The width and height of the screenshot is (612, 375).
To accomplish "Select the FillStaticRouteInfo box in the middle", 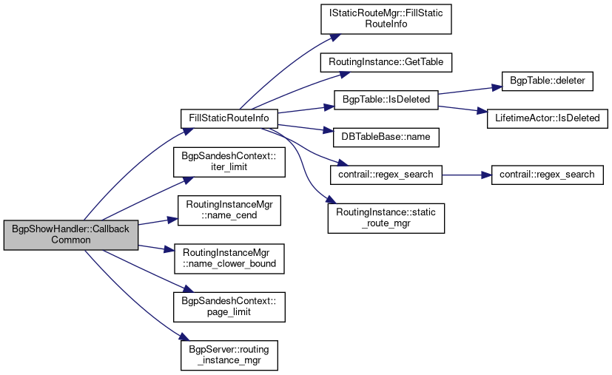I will (229, 118).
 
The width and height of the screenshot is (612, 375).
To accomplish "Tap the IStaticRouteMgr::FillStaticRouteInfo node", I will (386, 19).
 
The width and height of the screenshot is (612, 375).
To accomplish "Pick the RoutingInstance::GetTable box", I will (386, 62).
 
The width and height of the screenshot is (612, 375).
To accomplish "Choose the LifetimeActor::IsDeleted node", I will (547, 118).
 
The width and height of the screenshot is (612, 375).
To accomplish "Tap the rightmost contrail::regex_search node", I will (547, 175).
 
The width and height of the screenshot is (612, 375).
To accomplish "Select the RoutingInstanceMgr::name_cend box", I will (229, 209).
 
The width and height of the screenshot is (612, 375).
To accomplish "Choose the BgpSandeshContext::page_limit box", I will (229, 305).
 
